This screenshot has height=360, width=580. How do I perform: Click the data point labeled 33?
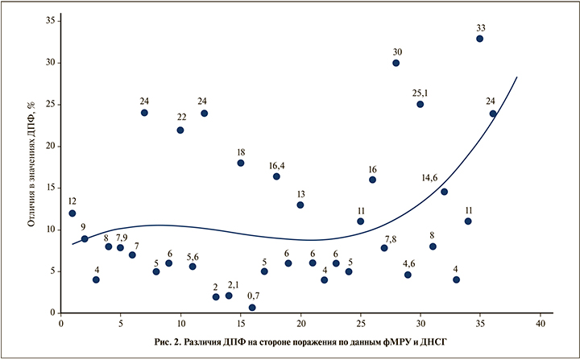480,39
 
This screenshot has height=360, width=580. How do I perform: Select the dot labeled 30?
396,63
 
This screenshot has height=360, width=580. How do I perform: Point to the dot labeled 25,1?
420,105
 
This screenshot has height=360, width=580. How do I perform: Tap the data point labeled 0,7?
252,308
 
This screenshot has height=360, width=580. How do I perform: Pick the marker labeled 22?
180,130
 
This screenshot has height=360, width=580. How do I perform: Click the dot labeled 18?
241,163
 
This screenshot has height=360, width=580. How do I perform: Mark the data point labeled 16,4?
276,176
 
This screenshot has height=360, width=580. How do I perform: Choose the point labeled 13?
300,205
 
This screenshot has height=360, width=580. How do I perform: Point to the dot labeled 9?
85,239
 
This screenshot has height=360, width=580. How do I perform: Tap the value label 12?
72,201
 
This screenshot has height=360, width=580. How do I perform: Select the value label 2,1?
234,285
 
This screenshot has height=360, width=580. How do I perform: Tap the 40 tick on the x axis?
540,324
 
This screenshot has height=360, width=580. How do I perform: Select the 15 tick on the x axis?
241,324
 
